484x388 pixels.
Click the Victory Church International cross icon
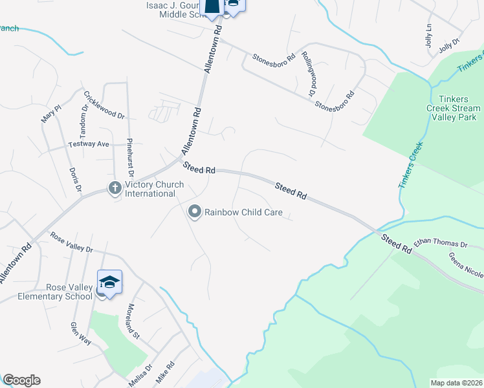(x=115, y=188)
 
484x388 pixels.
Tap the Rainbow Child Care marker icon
(x=194, y=211)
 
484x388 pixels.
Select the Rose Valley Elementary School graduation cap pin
(x=109, y=282)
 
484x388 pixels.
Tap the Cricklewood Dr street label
(x=104, y=104)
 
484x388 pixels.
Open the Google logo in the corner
(x=21, y=380)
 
